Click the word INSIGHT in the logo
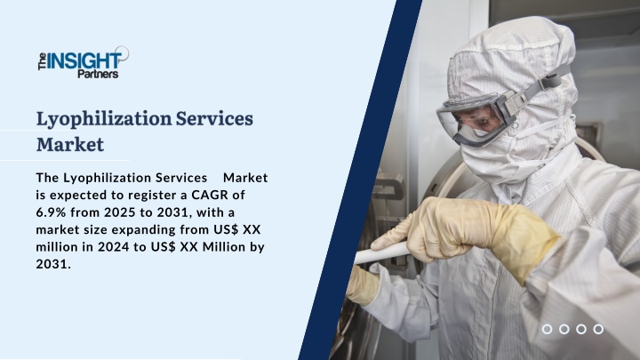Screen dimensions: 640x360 84,60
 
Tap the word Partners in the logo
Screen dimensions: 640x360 98,74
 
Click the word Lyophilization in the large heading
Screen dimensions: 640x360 104,120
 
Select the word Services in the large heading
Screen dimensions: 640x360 214,118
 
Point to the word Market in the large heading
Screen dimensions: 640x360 70,145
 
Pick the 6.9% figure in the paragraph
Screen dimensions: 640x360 52,212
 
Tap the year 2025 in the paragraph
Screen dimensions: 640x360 119,212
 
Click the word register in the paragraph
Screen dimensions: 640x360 153,196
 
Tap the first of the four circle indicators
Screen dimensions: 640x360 547,329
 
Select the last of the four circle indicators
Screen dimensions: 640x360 598,329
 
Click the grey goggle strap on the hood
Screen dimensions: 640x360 539,86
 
